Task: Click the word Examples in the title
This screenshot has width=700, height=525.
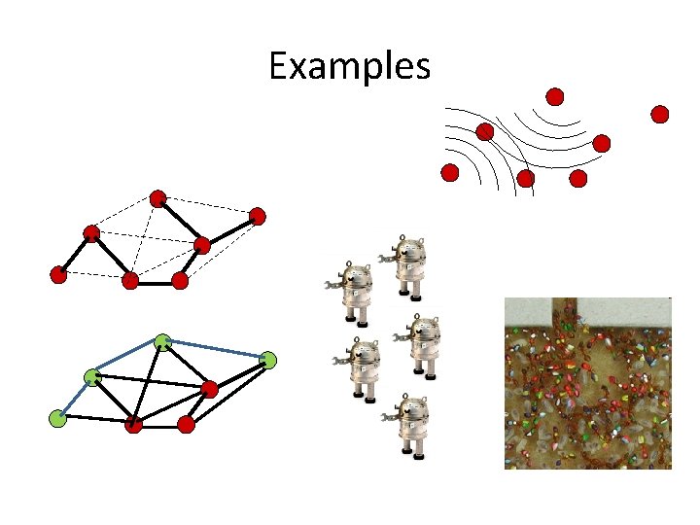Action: (x=349, y=66)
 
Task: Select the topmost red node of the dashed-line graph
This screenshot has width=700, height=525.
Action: (x=157, y=197)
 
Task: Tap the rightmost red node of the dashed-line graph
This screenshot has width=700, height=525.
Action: (x=257, y=216)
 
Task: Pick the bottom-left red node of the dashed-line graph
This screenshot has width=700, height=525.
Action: (x=58, y=275)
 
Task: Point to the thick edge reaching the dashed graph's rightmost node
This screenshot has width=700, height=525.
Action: (x=230, y=229)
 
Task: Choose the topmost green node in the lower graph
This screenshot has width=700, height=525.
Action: (x=162, y=341)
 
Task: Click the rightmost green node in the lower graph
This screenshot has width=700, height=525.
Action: (x=269, y=361)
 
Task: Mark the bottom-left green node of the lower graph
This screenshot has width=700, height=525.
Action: (x=58, y=419)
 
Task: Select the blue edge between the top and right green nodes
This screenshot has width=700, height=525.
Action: (x=216, y=351)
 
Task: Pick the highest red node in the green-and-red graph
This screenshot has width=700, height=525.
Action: (x=209, y=390)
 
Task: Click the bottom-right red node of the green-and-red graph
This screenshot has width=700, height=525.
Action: (x=187, y=424)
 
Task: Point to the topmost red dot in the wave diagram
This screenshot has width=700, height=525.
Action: (x=554, y=96)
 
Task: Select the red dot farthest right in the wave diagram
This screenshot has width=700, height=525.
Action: (x=660, y=115)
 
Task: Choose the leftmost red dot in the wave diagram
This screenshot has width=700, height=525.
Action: (x=449, y=173)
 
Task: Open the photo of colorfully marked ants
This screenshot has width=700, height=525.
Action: (x=587, y=383)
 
